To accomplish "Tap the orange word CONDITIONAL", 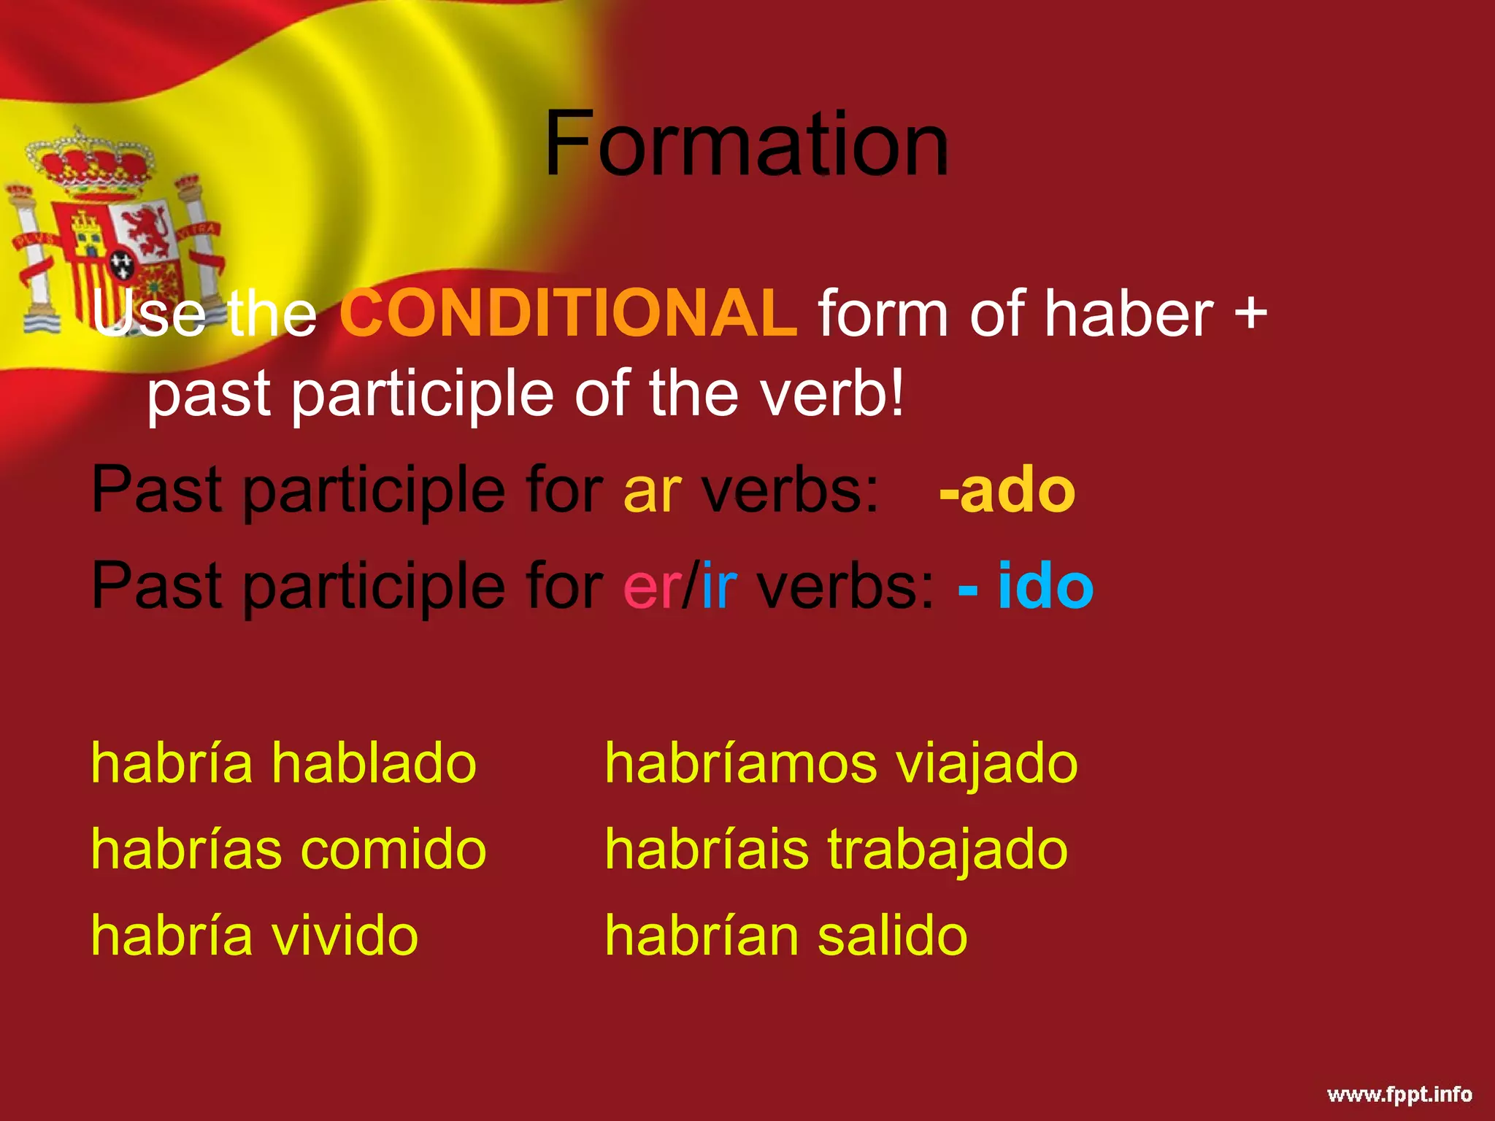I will (x=569, y=313).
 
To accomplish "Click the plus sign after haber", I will (x=1250, y=312).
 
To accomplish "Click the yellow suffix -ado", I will (x=1007, y=490).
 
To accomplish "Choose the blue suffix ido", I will (x=1045, y=586).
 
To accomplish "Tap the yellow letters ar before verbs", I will (x=653, y=490).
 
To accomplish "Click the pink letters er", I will (x=650, y=586).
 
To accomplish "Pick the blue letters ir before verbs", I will (x=719, y=586).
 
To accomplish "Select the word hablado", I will (x=374, y=763).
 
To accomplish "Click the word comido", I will (x=393, y=850).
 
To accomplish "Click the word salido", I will (x=892, y=936).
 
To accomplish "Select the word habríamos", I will (x=740, y=763).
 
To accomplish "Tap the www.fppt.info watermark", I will (x=1399, y=1094).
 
